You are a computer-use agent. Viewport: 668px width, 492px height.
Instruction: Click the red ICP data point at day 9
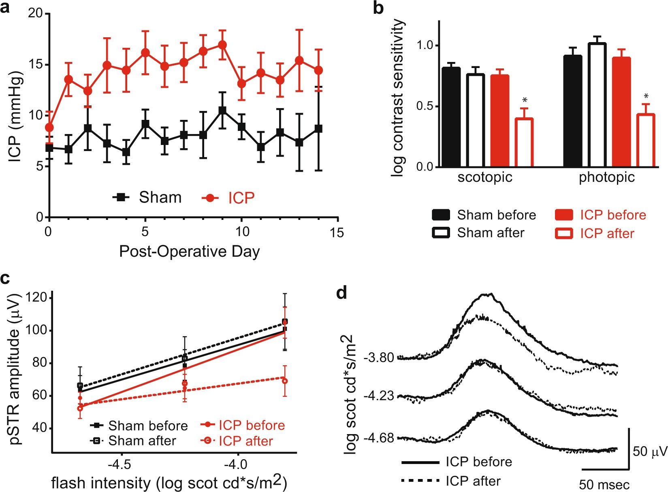(x=222, y=45)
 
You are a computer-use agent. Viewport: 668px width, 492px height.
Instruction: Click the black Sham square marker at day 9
(x=222, y=110)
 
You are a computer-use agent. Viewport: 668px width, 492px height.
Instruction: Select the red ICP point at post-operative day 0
(x=49, y=128)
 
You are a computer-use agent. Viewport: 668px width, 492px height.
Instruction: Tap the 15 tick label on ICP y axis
(x=36, y=65)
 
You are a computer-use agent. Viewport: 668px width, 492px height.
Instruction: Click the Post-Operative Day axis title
(x=189, y=251)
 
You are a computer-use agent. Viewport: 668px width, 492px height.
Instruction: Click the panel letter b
(x=378, y=8)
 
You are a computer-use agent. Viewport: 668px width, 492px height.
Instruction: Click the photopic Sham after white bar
(x=597, y=105)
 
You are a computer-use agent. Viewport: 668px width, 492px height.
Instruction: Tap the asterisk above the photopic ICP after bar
(x=646, y=96)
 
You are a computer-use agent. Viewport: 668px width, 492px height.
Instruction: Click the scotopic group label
(x=485, y=177)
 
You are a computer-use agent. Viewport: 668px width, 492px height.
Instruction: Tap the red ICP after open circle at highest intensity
(x=285, y=381)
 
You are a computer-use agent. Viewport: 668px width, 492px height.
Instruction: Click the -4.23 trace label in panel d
(x=379, y=396)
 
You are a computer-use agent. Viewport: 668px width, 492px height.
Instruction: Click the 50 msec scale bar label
(x=604, y=484)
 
